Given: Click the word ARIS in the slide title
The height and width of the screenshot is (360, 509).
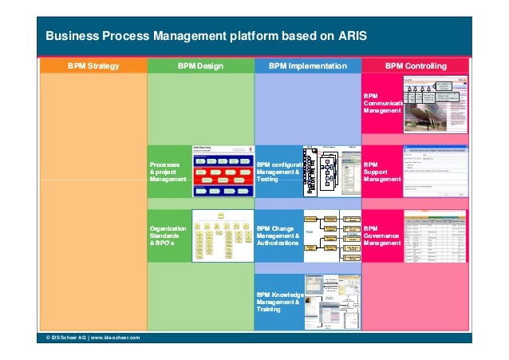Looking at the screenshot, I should coord(349,36).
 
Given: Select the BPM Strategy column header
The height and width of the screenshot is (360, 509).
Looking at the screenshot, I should coord(93,65).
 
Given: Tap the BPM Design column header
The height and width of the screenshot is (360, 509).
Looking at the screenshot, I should coord(200,65).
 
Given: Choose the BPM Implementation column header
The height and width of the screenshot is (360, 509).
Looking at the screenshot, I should coord(307,65).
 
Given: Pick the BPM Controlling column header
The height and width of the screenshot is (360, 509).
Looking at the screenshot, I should coord(416,65).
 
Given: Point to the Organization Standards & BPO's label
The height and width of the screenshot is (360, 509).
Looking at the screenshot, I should coord(168,235).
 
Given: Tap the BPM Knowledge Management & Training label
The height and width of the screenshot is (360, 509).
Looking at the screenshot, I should coord(278,303).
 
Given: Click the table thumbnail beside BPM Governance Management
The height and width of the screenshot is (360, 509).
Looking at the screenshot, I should coord(435,236).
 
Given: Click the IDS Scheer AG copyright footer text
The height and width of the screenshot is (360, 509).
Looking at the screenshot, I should coord(93,338).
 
